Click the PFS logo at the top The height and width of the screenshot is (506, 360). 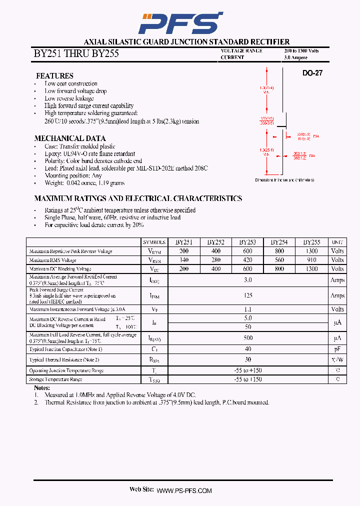pos(180,23)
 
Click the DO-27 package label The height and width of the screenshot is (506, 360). pos(312,73)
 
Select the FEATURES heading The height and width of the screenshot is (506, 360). pos(54,75)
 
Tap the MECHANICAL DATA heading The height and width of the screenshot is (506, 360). pos(69,138)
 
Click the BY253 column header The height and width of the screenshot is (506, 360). pos(247,242)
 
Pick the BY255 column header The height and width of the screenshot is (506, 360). pos(311,242)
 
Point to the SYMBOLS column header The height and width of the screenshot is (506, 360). pos(154,242)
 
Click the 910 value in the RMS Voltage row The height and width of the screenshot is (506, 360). pos(311,260)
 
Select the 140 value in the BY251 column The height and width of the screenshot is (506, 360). pos(184,260)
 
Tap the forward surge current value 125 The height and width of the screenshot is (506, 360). pos(248,295)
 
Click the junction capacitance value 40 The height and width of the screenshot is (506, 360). pos(248,349)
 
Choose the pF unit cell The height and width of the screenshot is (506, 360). pos(337,349)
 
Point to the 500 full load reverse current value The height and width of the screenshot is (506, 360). pos(248,338)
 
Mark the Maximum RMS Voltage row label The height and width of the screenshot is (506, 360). pos(52,260)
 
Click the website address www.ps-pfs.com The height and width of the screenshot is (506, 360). pos(184,491)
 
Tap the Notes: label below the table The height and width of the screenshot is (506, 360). pos(42,388)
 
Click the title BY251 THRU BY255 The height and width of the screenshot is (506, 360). pos(76,53)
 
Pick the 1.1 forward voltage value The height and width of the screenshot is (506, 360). pos(248,309)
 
